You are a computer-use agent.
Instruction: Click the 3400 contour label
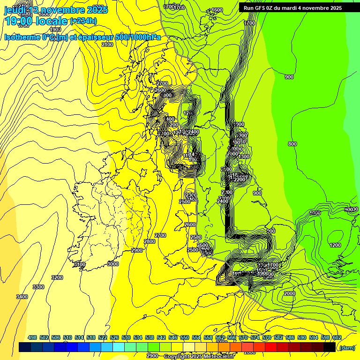coord(22,297)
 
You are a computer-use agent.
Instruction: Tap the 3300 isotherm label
coord(38,287)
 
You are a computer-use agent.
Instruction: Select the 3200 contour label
coord(57,277)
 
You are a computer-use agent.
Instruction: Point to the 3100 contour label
coord(80,264)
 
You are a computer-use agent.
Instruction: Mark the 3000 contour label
coord(113,264)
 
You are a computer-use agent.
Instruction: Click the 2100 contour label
coord(107,45)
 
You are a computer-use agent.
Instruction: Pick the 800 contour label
coord(292,144)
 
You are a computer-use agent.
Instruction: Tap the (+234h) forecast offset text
coord(83,21)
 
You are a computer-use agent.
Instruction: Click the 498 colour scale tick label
coord(32,337)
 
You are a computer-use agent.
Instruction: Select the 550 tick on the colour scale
coord(184,337)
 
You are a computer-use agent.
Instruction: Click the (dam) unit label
coord(347,348)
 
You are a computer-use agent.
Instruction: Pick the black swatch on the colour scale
coord(330,347)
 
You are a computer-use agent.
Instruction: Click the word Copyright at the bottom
coord(179,357)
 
